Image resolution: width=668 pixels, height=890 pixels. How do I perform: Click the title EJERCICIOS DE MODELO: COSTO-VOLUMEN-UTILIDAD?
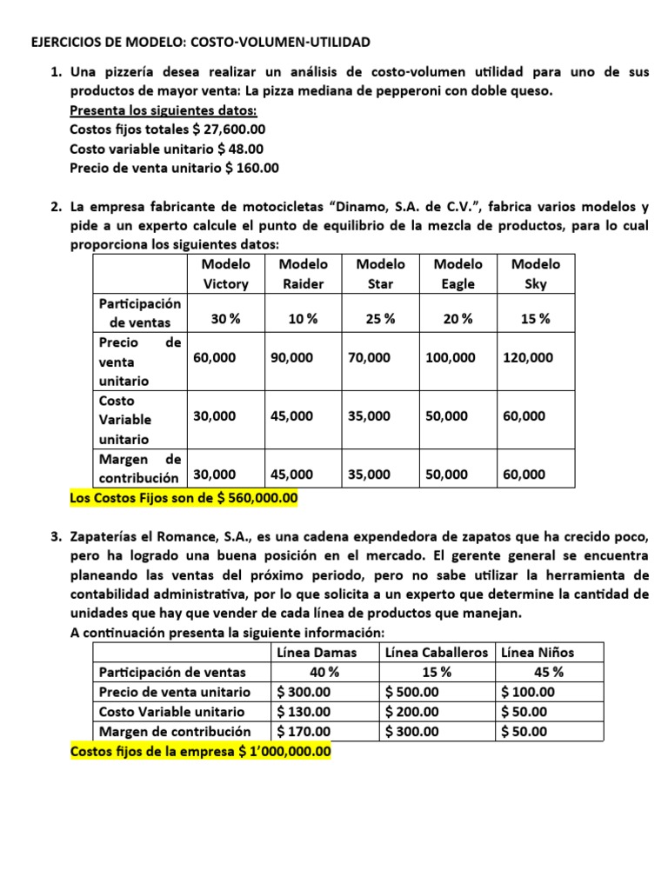point(200,42)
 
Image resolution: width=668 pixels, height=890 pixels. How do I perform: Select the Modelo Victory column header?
point(225,274)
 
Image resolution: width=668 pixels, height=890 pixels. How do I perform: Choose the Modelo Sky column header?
point(536,274)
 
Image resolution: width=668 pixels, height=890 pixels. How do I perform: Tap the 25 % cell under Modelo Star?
point(380,319)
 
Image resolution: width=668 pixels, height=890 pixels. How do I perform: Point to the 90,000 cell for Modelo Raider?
point(292,357)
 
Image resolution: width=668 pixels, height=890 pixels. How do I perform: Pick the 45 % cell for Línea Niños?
point(547,672)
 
